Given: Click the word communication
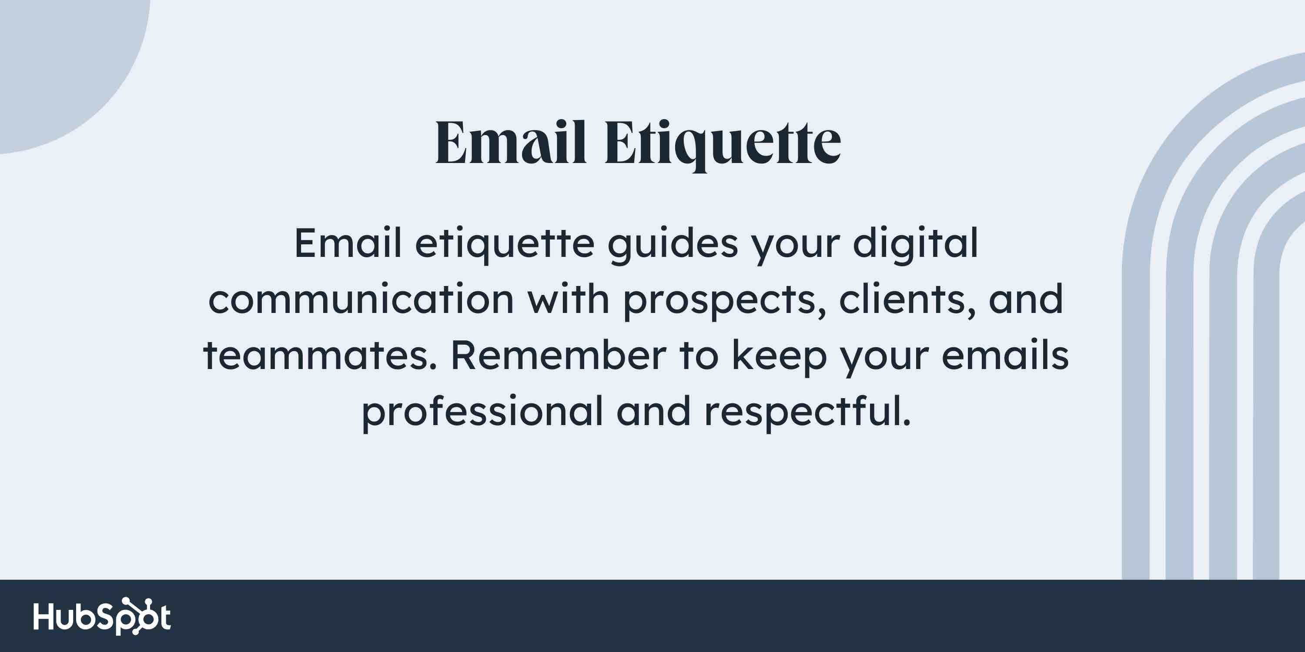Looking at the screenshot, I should [x=361, y=299].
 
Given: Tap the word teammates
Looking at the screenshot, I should [x=319, y=356].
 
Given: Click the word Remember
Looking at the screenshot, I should [x=558, y=356].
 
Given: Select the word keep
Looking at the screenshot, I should [x=779, y=356].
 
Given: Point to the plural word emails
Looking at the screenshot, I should [x=1005, y=356].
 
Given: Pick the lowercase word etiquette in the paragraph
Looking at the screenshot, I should [x=505, y=243].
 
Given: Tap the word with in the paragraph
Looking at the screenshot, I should [x=568, y=299].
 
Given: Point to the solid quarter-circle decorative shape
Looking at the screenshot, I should [x=61, y=61].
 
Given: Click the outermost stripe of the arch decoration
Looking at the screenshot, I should [x=1136, y=405].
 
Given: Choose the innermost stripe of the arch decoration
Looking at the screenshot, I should [x=1266, y=405].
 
